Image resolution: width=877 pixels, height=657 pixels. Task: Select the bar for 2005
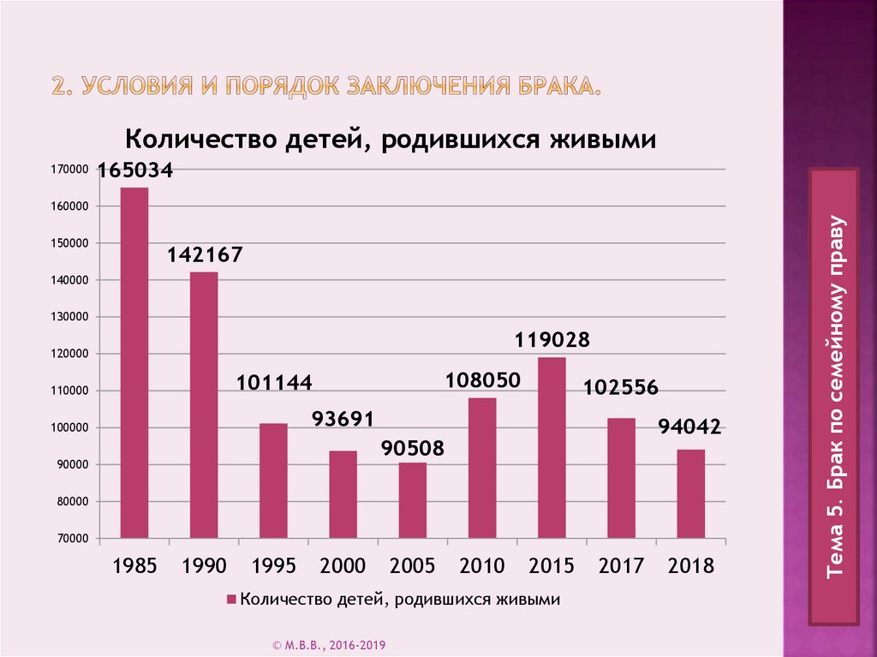point(413,500)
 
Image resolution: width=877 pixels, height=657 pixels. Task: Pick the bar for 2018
point(691,493)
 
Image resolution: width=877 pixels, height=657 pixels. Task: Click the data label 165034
point(135,170)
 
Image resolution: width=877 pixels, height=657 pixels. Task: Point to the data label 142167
point(205,254)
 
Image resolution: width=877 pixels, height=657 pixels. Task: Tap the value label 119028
point(552,340)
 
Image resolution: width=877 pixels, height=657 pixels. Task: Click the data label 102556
point(621,387)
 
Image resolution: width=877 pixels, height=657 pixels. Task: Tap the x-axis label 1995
point(273,565)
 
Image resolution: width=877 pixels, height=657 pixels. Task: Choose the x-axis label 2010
point(482,565)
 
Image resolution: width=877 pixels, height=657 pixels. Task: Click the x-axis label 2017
point(621,565)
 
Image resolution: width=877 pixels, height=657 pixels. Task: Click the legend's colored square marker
point(231,600)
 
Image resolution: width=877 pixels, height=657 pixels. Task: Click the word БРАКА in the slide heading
point(552,87)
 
